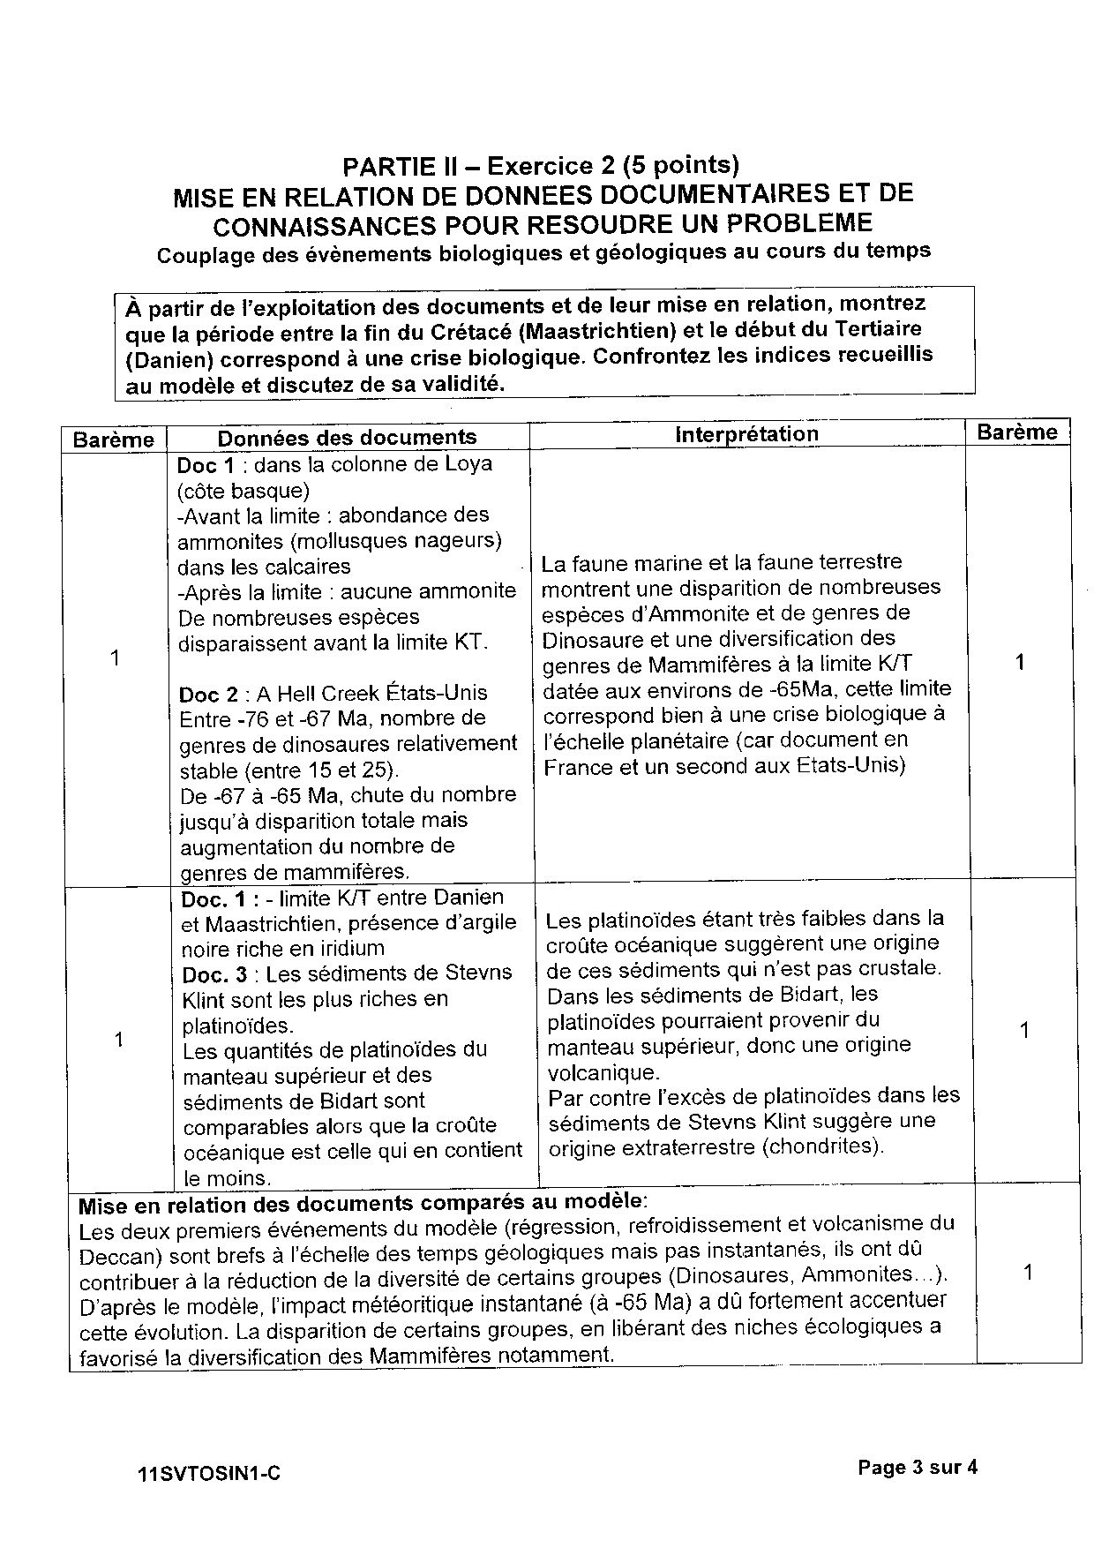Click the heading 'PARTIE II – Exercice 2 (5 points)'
(541, 165)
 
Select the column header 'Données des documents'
(347, 437)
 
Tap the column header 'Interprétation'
(746, 433)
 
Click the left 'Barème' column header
(114, 440)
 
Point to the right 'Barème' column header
(1016, 432)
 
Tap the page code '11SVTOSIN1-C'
(209, 1473)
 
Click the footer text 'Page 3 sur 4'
(918, 1468)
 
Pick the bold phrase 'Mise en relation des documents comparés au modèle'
(362, 1203)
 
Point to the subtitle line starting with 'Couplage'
(543, 252)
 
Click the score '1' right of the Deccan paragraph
(1027, 1272)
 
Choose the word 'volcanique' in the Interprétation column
(602, 1073)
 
